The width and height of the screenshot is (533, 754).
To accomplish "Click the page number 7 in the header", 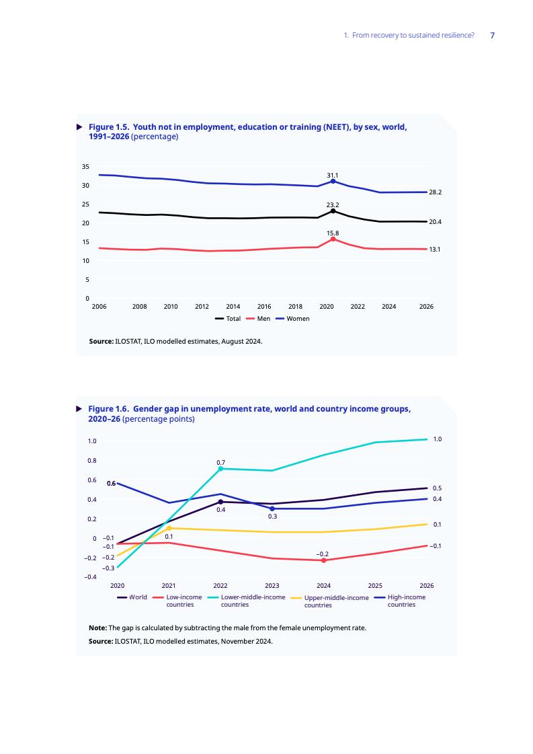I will (x=493, y=35).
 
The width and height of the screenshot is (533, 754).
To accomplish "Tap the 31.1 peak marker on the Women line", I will (x=333, y=181).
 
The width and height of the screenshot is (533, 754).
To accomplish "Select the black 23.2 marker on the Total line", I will (x=333, y=211).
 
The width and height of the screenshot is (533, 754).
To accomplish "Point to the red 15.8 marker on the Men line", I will (x=333, y=239).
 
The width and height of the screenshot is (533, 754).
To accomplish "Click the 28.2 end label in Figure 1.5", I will (x=435, y=192).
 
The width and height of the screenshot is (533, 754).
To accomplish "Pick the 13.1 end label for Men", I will (x=435, y=250).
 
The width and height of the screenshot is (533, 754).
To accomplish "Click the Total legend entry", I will (x=228, y=318).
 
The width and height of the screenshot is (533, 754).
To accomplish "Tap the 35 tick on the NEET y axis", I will (x=85, y=166).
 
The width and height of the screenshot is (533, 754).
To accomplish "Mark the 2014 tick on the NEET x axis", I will (x=233, y=306).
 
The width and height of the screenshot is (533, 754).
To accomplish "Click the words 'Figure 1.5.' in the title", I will (x=108, y=126).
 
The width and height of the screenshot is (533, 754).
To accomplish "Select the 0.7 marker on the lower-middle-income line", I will (x=220, y=469).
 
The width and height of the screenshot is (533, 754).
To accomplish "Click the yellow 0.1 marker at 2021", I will (x=169, y=528).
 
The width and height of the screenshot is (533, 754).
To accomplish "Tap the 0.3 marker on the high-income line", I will (x=272, y=508).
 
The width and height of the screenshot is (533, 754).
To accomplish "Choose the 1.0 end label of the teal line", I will (x=437, y=439).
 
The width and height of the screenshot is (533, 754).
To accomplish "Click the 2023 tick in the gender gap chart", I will (x=272, y=585).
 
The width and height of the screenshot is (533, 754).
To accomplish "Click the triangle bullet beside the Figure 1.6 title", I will (x=79, y=408).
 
